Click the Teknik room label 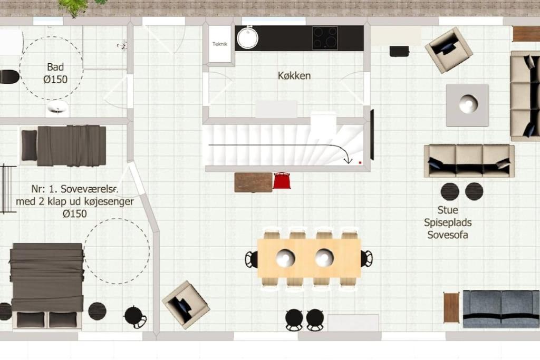tap(220, 44)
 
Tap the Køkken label tap(294, 75)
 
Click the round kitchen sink tap(247, 38)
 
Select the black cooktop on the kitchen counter tap(325, 38)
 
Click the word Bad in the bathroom tap(55, 67)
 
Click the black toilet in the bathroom tap(9, 76)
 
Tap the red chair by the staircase tap(282, 180)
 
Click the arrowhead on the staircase tap(348, 160)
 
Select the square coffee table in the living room tap(467, 105)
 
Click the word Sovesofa tap(448, 235)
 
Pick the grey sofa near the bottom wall tap(502, 309)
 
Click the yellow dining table tap(309, 258)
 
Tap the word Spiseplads tap(448, 222)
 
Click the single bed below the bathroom tap(63, 146)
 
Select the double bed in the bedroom tap(47, 286)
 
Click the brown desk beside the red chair tap(254, 182)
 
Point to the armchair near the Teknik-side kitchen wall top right tap(448, 50)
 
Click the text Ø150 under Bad tap(55, 80)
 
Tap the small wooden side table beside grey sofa tap(451, 307)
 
